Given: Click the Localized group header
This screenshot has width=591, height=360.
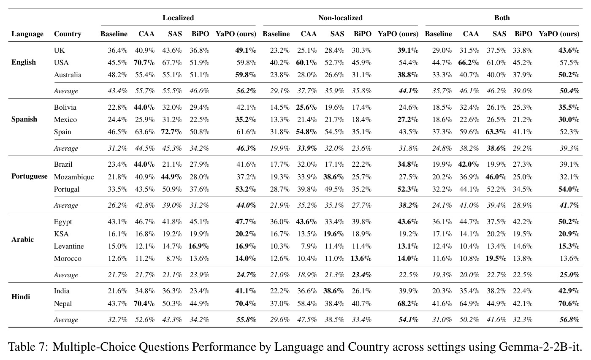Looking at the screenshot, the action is (178, 18).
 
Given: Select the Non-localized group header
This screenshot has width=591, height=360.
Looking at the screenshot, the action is (340, 18).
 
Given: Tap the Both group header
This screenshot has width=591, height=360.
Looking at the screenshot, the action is (502, 18).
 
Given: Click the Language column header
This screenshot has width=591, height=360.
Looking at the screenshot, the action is (27, 34).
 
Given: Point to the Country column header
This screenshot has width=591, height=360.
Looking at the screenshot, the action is (68, 34).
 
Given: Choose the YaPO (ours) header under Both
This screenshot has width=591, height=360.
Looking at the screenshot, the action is (559, 34).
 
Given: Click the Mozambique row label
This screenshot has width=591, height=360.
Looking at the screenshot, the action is (74, 177).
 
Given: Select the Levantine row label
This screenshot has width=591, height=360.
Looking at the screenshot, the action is (69, 246).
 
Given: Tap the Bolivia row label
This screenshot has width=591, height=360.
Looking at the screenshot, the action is (65, 107).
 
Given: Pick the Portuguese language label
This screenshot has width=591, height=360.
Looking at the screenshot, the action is (29, 176).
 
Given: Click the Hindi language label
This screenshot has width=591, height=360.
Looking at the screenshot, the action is (21, 297).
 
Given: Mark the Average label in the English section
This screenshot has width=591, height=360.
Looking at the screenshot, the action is (66, 91).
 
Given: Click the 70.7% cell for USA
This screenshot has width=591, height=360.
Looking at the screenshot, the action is (144, 63).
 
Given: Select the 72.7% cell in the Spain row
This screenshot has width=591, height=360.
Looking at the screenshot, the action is (171, 132).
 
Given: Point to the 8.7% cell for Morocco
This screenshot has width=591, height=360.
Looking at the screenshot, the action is (174, 258).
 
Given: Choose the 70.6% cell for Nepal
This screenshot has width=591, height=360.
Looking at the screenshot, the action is (569, 303).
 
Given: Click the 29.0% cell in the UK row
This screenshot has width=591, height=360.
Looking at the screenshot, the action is (442, 50).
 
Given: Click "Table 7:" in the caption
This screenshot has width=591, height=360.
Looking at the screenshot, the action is (28, 347).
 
